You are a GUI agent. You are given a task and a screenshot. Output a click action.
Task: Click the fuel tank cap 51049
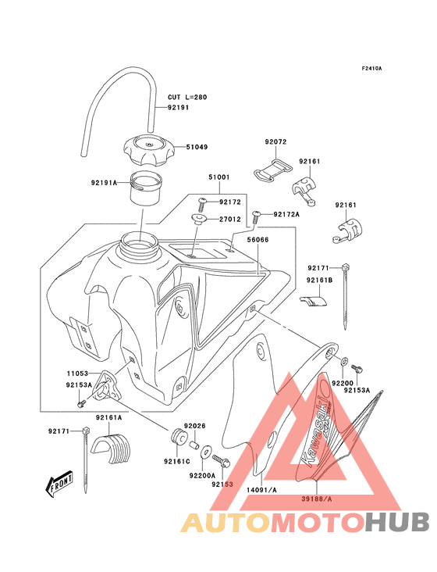pos(148,150)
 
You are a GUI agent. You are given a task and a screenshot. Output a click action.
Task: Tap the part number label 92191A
pos(104,182)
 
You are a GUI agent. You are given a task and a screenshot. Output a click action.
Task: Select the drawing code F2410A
pos(371,68)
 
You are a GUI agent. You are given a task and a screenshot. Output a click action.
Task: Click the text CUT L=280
pos(187,98)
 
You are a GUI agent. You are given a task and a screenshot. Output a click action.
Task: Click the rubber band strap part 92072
pos(273,170)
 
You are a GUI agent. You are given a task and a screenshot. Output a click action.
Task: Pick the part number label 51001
pos(219,177)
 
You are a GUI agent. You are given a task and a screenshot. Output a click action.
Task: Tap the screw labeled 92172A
pos(257,218)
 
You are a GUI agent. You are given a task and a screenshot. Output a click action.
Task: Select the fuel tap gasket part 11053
pos(105,388)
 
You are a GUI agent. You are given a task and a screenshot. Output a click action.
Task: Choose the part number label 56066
pos(258,240)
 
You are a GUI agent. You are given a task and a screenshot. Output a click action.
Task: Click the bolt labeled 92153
pos(221,461)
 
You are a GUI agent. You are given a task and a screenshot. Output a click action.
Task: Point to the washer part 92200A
pos(206,452)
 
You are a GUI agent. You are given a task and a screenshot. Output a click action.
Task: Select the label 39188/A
pos(317,499)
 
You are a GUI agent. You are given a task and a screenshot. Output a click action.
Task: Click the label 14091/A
pos(261,490)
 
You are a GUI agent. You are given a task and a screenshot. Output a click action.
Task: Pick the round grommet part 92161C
pos(179,437)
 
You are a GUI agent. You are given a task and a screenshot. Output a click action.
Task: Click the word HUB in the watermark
pos(398,522)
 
